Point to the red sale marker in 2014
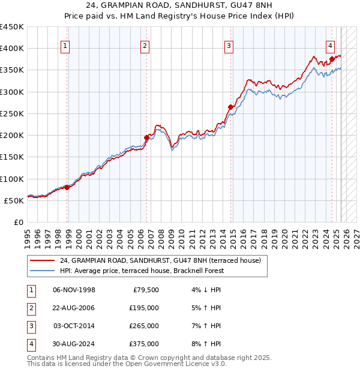[x=230, y=107]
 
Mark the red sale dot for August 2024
[x=332, y=59]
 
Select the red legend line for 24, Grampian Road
[x=42, y=261]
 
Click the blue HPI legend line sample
[x=42, y=271]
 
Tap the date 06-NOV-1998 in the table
[x=74, y=291]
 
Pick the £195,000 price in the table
[x=144, y=308]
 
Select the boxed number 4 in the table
[x=30, y=344]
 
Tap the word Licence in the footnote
[x=184, y=364]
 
